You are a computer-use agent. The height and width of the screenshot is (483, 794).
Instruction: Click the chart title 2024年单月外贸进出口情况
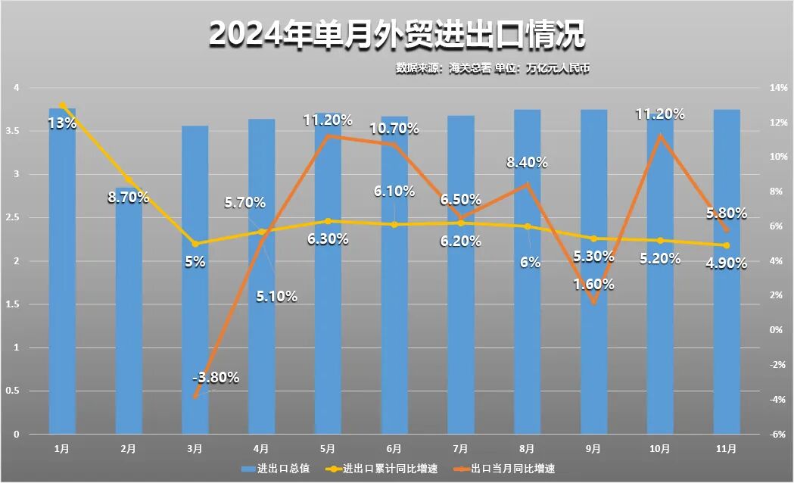click(x=397, y=35)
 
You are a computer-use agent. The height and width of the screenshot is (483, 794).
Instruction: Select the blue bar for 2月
click(x=129, y=310)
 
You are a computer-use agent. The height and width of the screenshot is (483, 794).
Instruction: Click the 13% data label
click(x=62, y=123)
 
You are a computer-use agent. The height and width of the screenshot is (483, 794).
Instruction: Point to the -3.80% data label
click(x=215, y=377)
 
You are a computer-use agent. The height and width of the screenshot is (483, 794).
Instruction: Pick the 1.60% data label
click(x=593, y=285)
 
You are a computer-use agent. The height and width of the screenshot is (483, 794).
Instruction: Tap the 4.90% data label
click(x=726, y=263)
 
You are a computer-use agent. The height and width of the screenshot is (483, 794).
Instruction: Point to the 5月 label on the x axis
click(x=328, y=449)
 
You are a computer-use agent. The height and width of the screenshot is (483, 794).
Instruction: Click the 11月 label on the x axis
click(x=726, y=449)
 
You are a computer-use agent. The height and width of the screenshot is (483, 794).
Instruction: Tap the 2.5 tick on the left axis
click(x=15, y=218)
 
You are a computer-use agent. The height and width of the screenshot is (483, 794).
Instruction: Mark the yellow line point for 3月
click(x=195, y=244)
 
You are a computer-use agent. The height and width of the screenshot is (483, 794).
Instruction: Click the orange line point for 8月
click(x=528, y=184)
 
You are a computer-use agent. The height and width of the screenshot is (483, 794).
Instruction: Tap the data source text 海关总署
click(x=469, y=68)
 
